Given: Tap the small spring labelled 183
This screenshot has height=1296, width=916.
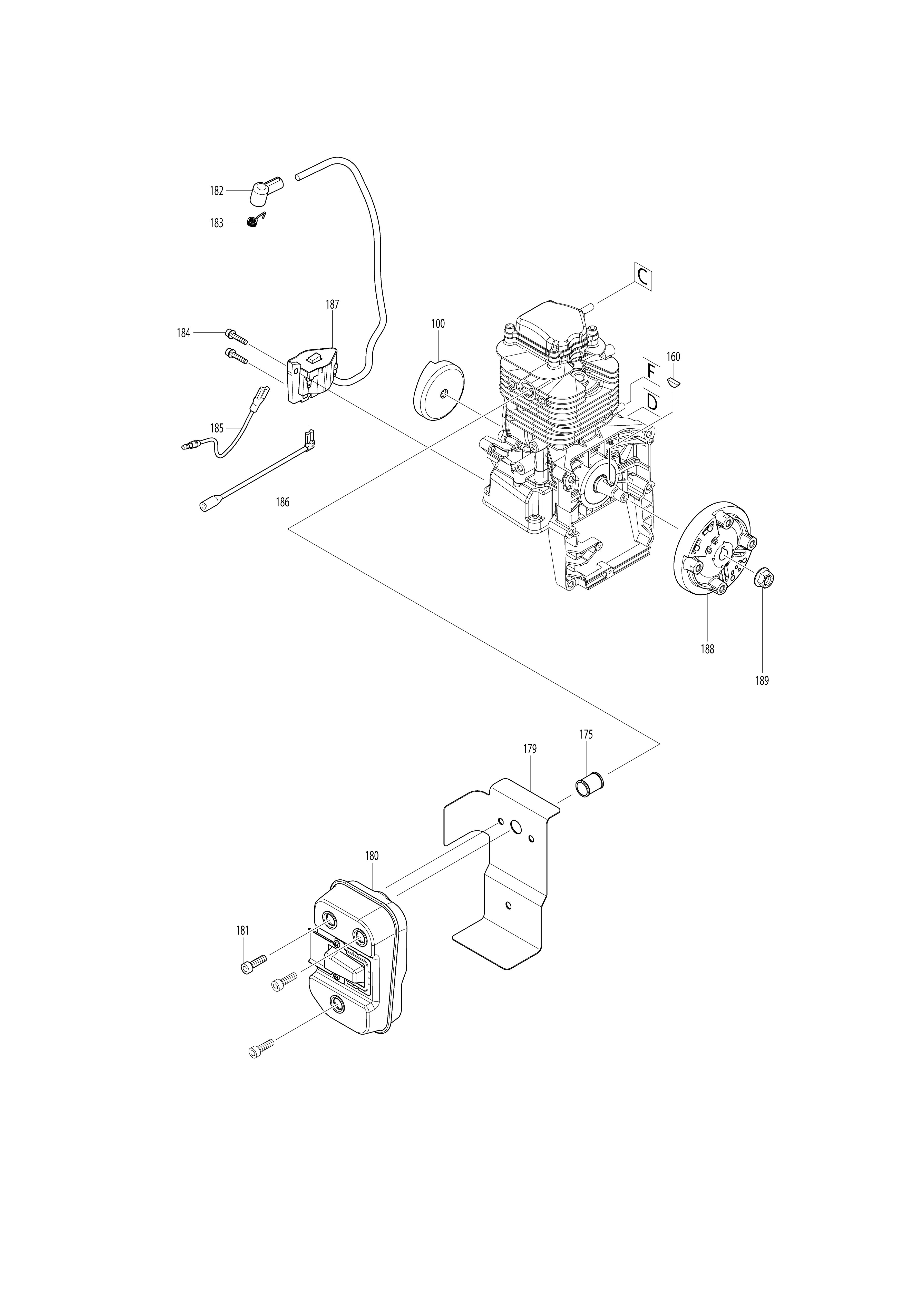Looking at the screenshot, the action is (x=256, y=220).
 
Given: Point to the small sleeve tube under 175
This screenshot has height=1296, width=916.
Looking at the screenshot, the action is (x=589, y=786).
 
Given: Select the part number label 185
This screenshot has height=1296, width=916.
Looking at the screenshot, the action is (x=217, y=428).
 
